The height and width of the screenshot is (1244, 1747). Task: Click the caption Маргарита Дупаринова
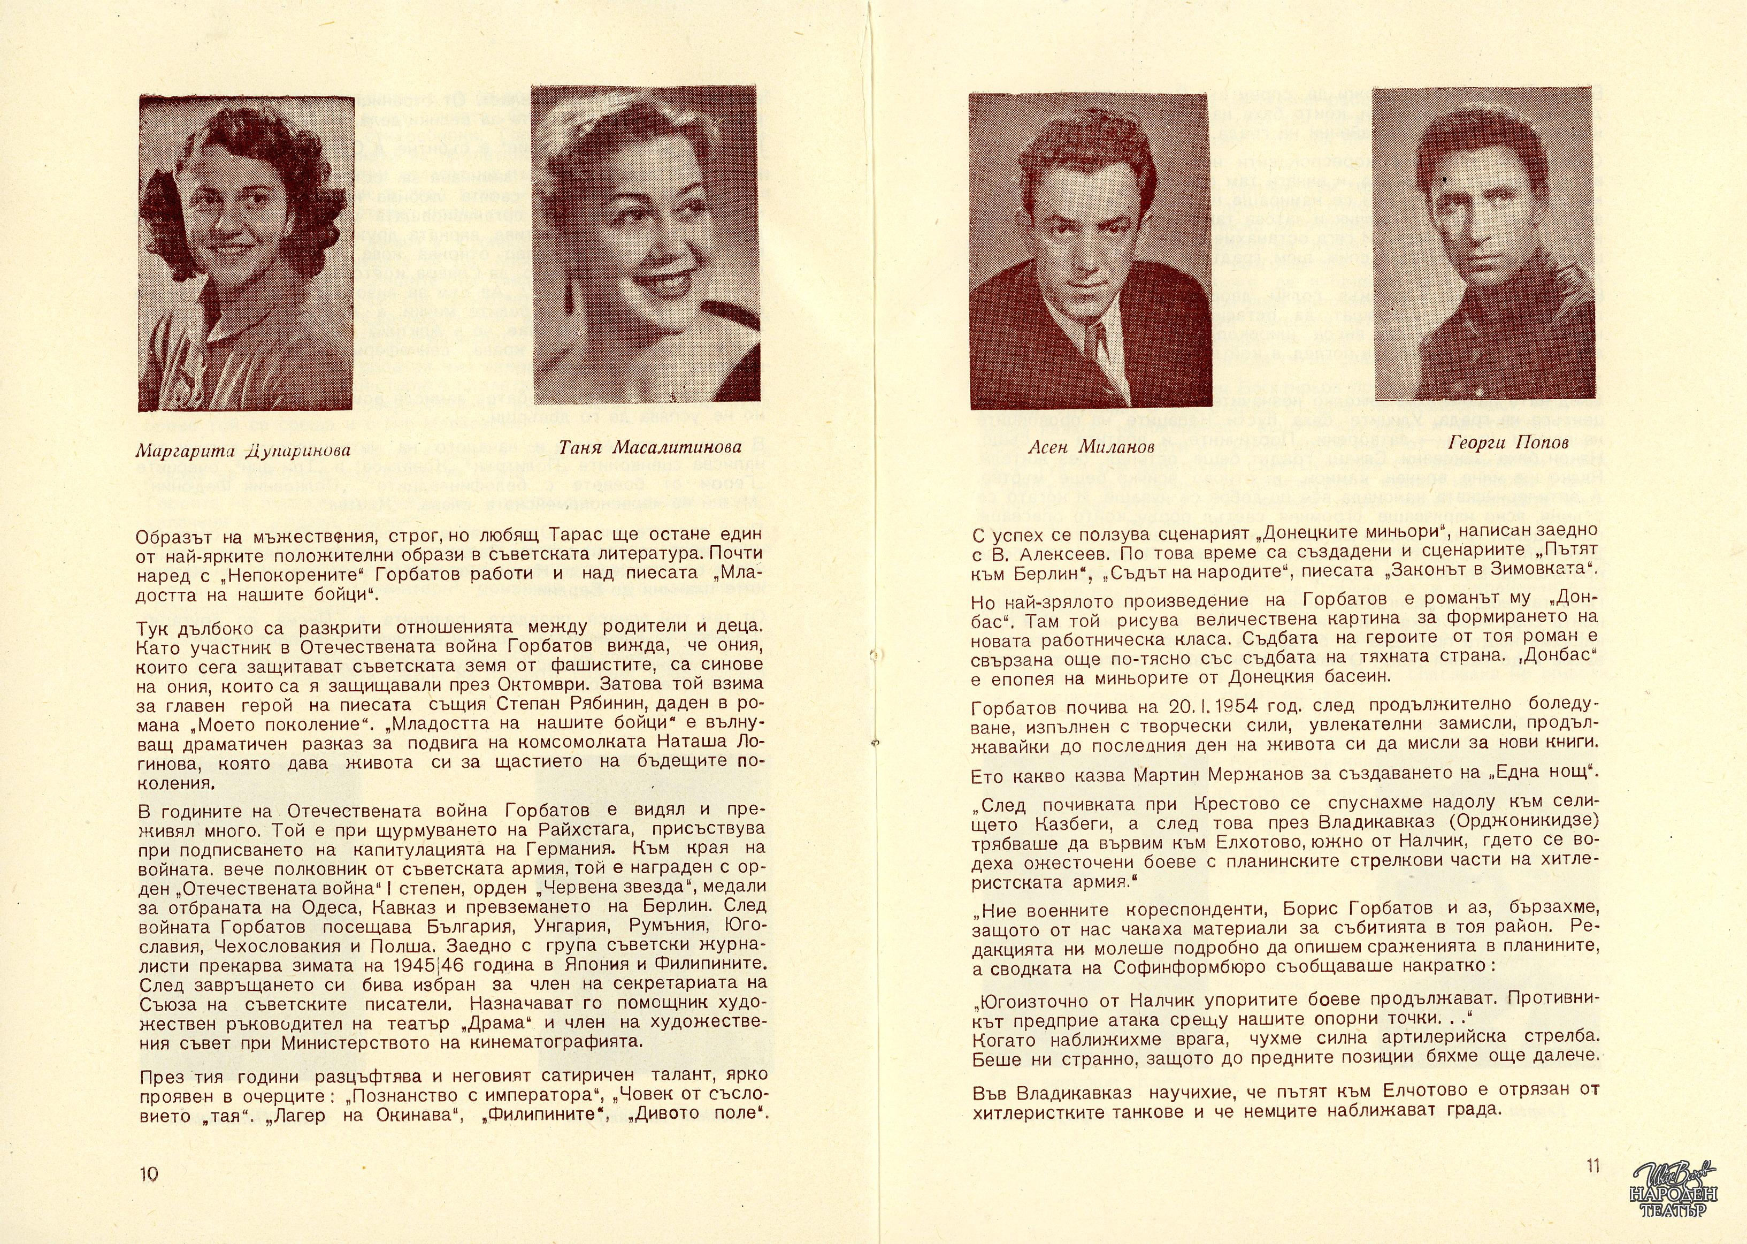243,451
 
